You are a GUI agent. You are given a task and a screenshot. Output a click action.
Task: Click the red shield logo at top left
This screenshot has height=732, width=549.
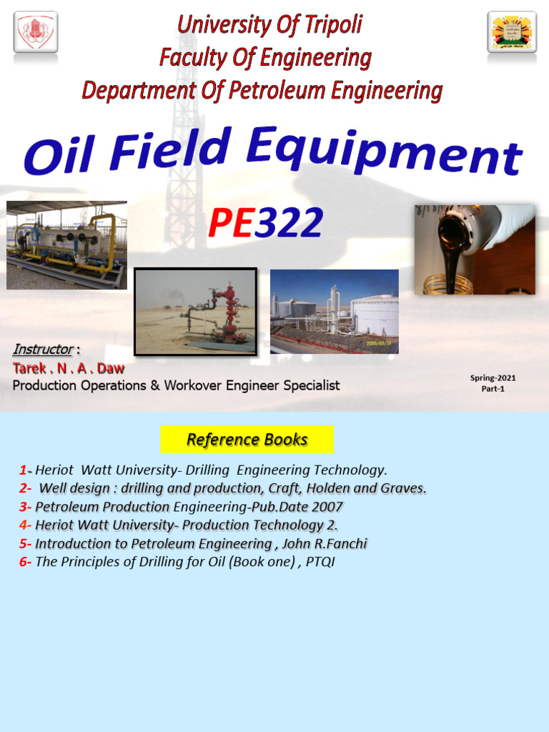point(36,32)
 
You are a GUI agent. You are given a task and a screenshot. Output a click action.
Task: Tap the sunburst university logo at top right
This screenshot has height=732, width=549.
point(512,32)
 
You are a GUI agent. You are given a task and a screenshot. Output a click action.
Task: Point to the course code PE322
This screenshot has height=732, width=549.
point(265,223)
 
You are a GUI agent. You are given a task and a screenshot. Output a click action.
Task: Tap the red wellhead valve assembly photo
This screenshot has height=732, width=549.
point(195,312)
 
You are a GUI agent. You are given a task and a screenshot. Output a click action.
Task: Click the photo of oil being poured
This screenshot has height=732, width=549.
point(475,250)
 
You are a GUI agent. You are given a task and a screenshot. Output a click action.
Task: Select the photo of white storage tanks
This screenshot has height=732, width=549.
point(334,312)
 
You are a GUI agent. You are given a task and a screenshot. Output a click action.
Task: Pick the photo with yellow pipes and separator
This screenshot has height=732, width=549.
point(66,245)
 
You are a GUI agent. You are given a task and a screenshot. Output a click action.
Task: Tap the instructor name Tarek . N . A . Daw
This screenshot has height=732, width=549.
point(69,368)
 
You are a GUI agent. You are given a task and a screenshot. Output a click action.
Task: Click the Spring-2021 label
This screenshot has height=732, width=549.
point(493,377)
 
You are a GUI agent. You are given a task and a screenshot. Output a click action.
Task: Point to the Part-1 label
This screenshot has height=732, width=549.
point(493,389)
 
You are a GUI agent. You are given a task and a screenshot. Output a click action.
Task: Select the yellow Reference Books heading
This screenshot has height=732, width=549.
point(247,439)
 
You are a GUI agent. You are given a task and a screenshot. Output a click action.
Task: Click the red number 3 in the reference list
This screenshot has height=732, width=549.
point(24,507)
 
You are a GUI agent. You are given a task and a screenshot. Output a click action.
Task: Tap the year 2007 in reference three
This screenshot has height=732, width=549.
point(327,507)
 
